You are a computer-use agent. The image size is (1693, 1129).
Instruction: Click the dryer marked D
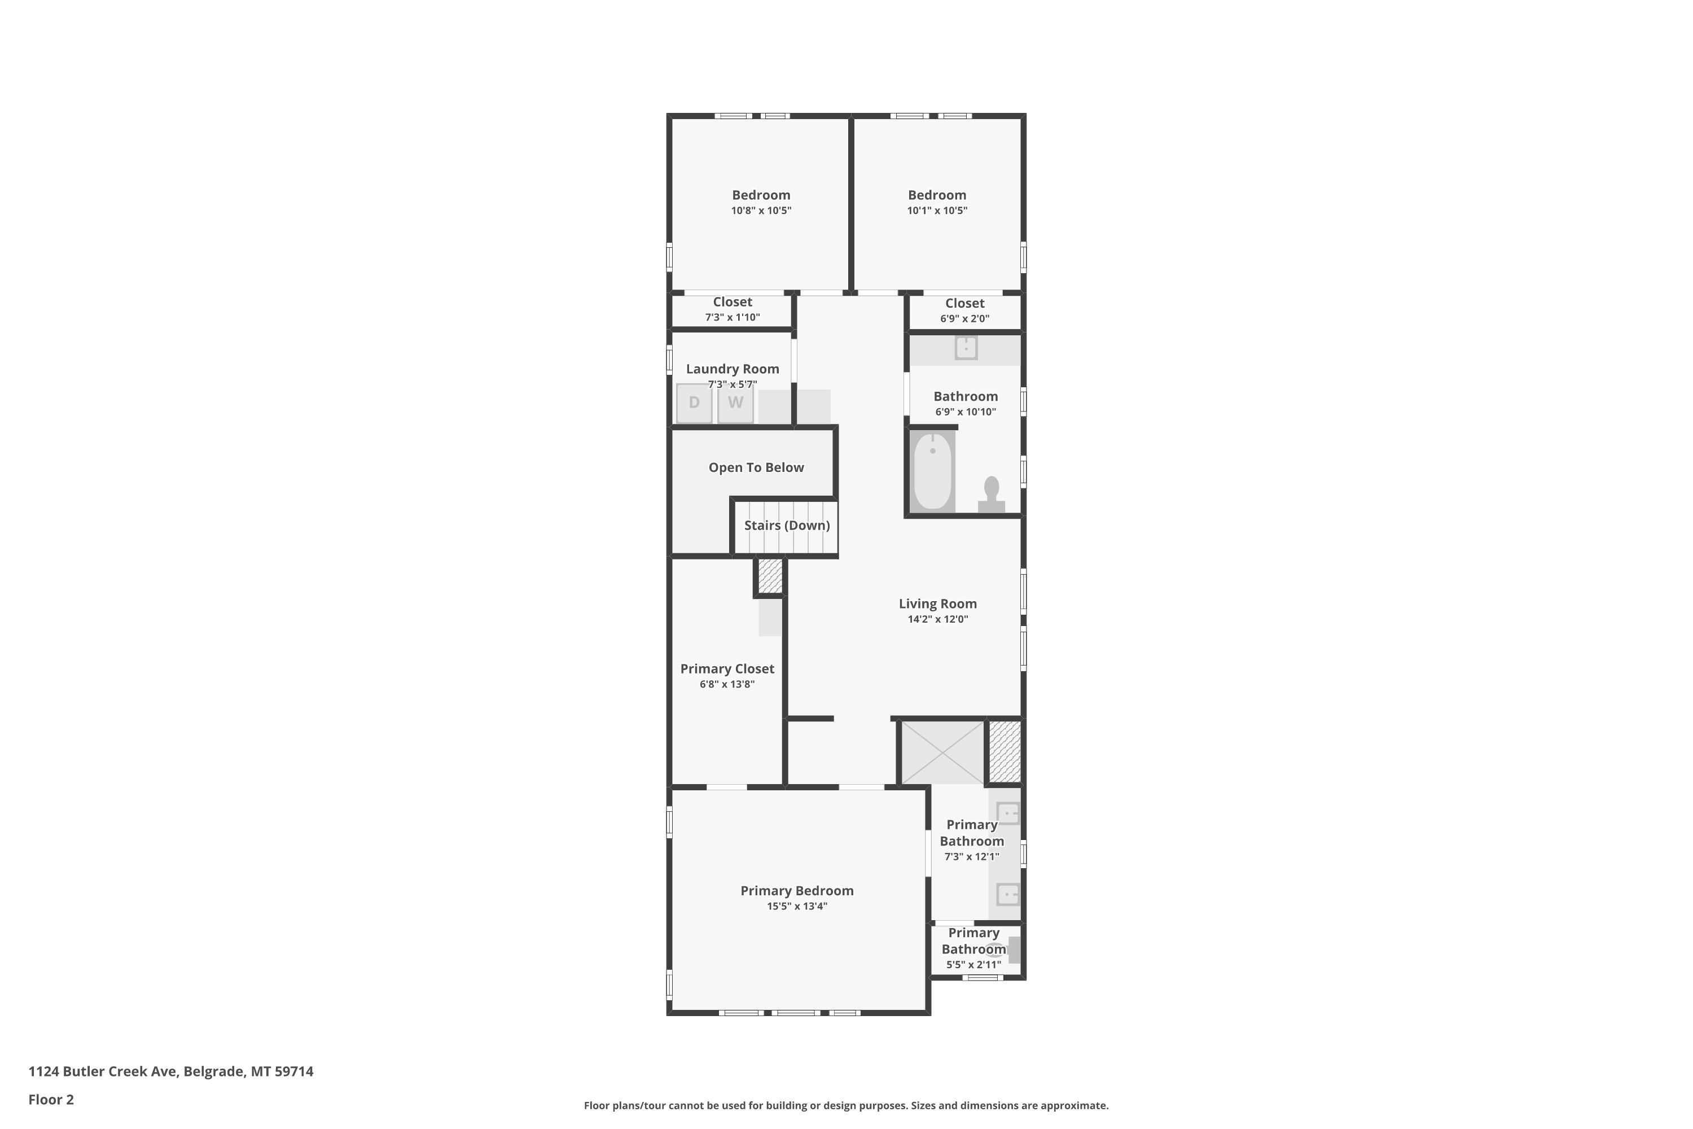point(694,403)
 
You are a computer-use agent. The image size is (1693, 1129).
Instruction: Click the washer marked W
point(735,403)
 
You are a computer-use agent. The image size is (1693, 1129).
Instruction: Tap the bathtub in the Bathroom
point(933,471)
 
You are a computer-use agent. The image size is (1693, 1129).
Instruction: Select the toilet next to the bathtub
point(991,495)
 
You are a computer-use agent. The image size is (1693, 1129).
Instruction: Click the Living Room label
point(937,604)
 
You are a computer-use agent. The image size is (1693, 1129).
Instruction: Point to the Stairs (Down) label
point(787,526)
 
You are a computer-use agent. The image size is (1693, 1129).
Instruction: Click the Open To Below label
point(756,467)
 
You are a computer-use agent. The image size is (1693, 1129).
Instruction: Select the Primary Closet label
point(727,669)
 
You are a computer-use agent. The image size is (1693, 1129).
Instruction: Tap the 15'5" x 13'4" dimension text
point(797,907)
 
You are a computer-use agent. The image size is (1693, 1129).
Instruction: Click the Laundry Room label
point(732,369)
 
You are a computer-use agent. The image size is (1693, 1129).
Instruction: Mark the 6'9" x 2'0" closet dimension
point(964,319)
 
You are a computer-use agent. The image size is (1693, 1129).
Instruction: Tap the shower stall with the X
point(942,752)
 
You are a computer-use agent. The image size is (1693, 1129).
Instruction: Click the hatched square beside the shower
point(1004,752)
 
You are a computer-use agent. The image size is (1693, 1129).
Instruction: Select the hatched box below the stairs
point(770,576)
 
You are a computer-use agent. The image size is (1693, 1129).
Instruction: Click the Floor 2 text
point(51,1100)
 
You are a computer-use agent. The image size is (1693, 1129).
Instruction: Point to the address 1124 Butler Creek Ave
point(102,1071)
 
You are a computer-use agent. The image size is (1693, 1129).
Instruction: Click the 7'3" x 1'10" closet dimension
point(732,317)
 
